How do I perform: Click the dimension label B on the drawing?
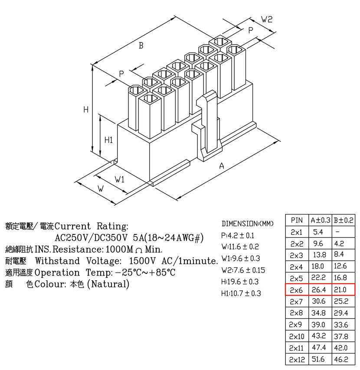pos(141,45)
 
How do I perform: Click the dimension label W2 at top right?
pos(267,19)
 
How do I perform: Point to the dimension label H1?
pos(109,140)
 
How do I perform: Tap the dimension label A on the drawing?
pos(222,166)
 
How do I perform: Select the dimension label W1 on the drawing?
pos(120,179)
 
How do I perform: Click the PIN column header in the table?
pos(297,220)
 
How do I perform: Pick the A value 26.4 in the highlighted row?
pos(319,289)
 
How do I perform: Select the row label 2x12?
pos(297,360)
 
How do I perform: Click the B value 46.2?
pos(341,359)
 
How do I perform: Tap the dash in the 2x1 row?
pos(337,232)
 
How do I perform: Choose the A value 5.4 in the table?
pos(318,232)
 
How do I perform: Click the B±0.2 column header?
pos(344,220)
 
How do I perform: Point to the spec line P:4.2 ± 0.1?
pos(238,235)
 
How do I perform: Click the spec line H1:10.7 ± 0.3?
pos(241,293)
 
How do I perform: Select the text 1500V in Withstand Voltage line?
pos(142,261)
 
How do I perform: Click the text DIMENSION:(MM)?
pos(247,224)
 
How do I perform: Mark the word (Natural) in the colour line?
pos(108,284)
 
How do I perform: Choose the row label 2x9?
pos(295,325)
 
